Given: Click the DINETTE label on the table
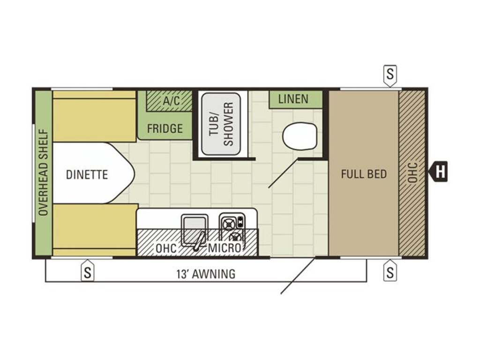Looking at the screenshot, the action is pos(87,174).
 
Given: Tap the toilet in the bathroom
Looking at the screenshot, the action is pos(300,136).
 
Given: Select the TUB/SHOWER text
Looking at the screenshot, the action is pos(221,124).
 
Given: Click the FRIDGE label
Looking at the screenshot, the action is pos(165,128).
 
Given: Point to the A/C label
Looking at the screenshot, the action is pos(172,100).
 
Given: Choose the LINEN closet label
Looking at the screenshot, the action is pos(293,99).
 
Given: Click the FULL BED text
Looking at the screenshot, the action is pos(364,174).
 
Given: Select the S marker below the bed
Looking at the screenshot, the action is pos(390,270).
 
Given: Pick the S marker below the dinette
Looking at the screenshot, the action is pos(88,270).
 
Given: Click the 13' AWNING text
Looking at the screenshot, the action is pos(206,274).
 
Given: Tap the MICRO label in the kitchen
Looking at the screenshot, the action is pos(225,248).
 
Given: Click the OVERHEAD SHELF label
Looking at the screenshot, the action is pos(44,172).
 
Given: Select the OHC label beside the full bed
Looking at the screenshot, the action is pos(412,172).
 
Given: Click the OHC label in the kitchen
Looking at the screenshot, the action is pos(166,248).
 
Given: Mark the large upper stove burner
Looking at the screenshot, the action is pos(228,225).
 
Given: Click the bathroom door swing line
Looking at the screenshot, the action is pos(284,173).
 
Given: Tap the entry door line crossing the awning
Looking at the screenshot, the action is pos(298,276).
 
